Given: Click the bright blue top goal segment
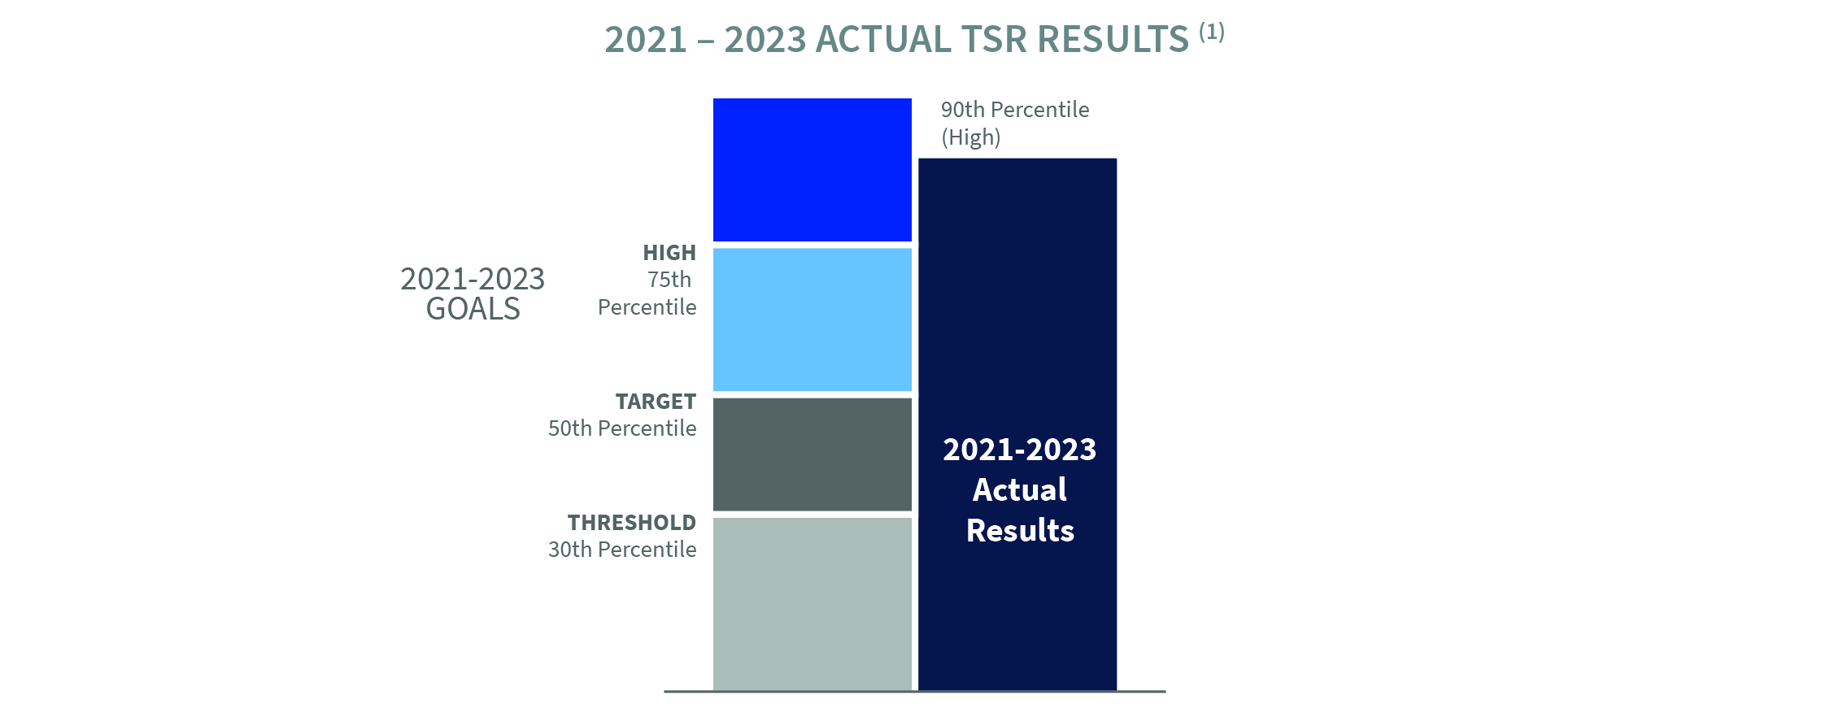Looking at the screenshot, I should point(812,170).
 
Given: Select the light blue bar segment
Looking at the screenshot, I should point(812,320).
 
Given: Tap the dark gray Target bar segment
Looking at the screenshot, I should point(812,454).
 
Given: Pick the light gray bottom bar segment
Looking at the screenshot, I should point(812,603).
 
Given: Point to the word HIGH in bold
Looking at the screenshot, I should point(669,253).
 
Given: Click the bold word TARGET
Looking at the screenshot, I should point(656,402).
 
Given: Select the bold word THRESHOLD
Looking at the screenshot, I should point(632,523).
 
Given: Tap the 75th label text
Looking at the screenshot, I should point(669,280).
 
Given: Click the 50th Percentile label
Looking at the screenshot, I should point(622,428).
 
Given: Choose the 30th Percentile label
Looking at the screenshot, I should point(622,550).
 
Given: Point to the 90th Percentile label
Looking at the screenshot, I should point(1015,110).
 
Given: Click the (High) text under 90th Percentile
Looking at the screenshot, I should point(971,137).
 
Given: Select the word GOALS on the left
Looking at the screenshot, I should point(473,310).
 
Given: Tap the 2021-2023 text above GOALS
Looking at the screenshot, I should point(473,280).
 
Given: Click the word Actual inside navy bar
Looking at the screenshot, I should point(1020,490).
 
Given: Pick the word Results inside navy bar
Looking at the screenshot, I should point(1020,531).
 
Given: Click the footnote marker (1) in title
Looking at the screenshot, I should point(1212,32).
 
